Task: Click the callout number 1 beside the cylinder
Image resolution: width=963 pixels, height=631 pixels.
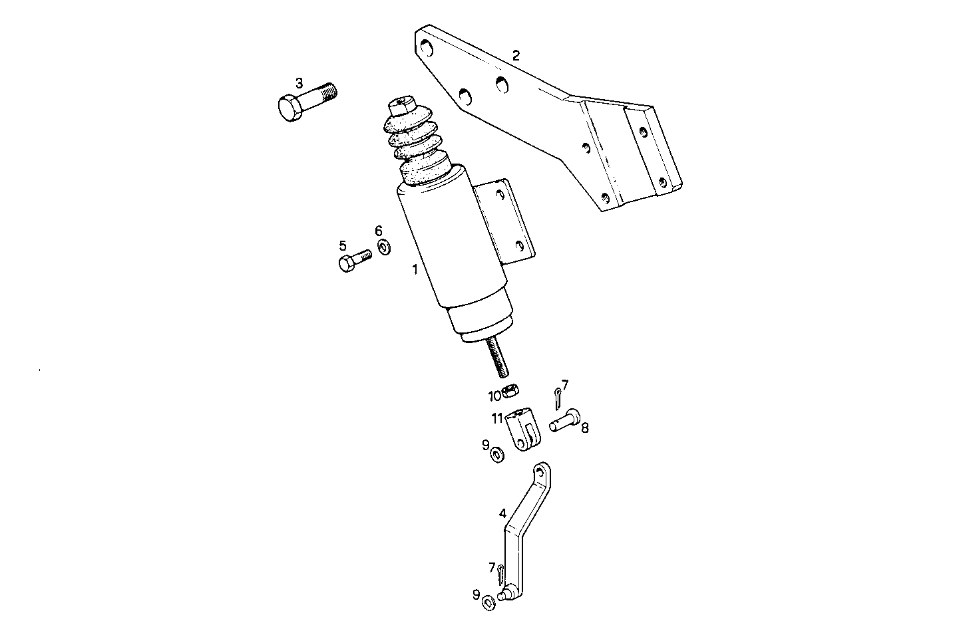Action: click(x=415, y=270)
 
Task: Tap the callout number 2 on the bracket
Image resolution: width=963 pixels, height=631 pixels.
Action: click(x=516, y=55)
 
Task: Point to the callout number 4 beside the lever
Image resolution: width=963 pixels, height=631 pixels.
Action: click(x=503, y=513)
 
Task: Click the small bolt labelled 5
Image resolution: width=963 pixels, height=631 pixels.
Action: click(x=353, y=260)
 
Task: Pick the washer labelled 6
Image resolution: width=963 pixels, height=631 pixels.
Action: click(x=384, y=248)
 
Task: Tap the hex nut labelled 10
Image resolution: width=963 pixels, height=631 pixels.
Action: click(x=512, y=391)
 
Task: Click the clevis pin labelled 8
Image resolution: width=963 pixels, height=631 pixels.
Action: click(x=564, y=421)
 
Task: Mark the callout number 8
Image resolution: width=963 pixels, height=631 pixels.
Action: click(x=584, y=428)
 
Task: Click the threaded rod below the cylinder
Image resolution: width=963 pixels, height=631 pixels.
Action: click(x=498, y=356)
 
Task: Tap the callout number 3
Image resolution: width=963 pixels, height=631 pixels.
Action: click(x=299, y=83)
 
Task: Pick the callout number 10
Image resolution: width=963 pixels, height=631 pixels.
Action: click(x=494, y=396)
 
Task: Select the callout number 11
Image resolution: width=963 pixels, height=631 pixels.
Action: click(x=497, y=418)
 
